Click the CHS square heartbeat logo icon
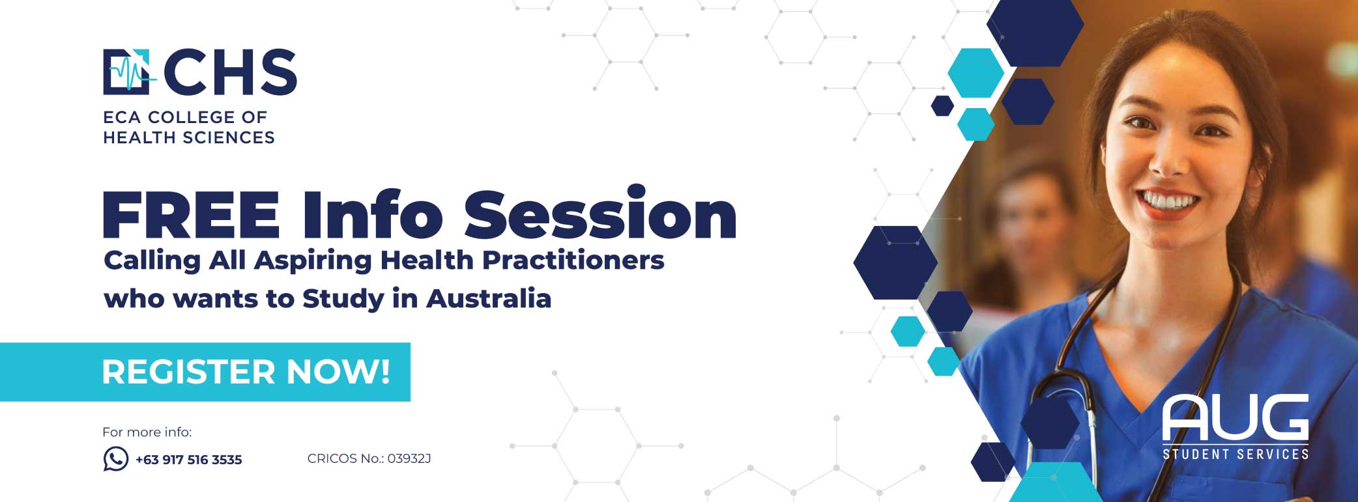click(128, 72)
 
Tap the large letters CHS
click(230, 72)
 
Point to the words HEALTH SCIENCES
click(189, 137)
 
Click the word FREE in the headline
click(192, 214)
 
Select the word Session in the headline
click(600, 212)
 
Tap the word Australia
click(489, 298)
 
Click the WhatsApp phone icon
click(116, 459)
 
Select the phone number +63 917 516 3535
click(189, 460)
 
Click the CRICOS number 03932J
click(409, 458)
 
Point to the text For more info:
click(147, 432)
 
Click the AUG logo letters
click(1235, 417)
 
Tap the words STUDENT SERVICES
click(1235, 454)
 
